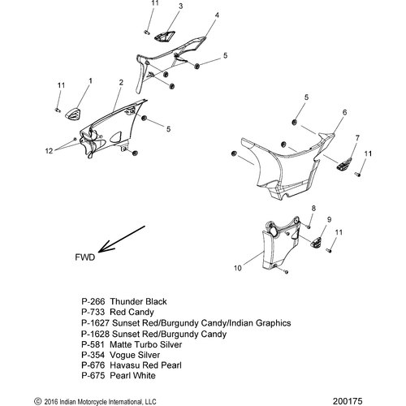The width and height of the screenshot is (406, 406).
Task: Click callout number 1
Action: coord(90,81)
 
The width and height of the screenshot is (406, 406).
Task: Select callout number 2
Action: coord(121,83)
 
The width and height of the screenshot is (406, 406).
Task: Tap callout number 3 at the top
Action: coord(180,6)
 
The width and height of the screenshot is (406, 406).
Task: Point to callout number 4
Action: coord(217,15)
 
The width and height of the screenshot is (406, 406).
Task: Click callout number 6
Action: coord(344,112)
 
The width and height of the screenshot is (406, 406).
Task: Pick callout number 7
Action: coord(357,138)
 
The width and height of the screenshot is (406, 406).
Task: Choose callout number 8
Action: coord(313,208)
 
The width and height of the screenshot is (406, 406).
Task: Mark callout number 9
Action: coord(329,219)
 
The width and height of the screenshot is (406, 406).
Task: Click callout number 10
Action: coord(237,268)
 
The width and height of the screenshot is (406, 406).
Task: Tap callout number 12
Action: coord(49,151)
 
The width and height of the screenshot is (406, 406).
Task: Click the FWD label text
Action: coord(85,257)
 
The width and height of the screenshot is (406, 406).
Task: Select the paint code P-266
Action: coord(93,301)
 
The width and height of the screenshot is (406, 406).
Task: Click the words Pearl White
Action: coord(132,376)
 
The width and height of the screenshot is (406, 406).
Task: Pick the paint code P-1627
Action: coord(95,323)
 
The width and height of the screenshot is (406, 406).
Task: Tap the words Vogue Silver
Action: coord(135,355)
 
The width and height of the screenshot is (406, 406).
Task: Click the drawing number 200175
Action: coord(348,401)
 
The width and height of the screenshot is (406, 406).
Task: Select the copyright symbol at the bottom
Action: coord(37,401)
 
